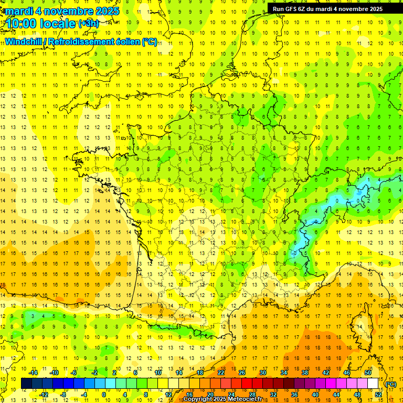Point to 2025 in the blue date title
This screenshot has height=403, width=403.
click(x=105, y=10)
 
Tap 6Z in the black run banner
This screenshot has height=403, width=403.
click(x=304, y=9)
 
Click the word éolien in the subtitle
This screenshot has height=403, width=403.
click(x=126, y=41)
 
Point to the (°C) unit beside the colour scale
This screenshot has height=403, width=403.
click(x=391, y=384)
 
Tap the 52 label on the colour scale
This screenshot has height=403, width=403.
click(x=378, y=395)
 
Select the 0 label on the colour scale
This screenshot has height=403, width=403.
click(x=104, y=395)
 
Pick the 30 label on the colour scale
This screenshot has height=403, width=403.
click(x=263, y=373)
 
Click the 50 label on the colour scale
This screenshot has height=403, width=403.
click(x=368, y=373)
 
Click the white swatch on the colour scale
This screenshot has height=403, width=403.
click(x=373, y=384)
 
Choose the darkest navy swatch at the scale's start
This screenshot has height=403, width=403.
click(x=26, y=384)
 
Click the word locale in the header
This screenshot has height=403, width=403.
click(x=60, y=23)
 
